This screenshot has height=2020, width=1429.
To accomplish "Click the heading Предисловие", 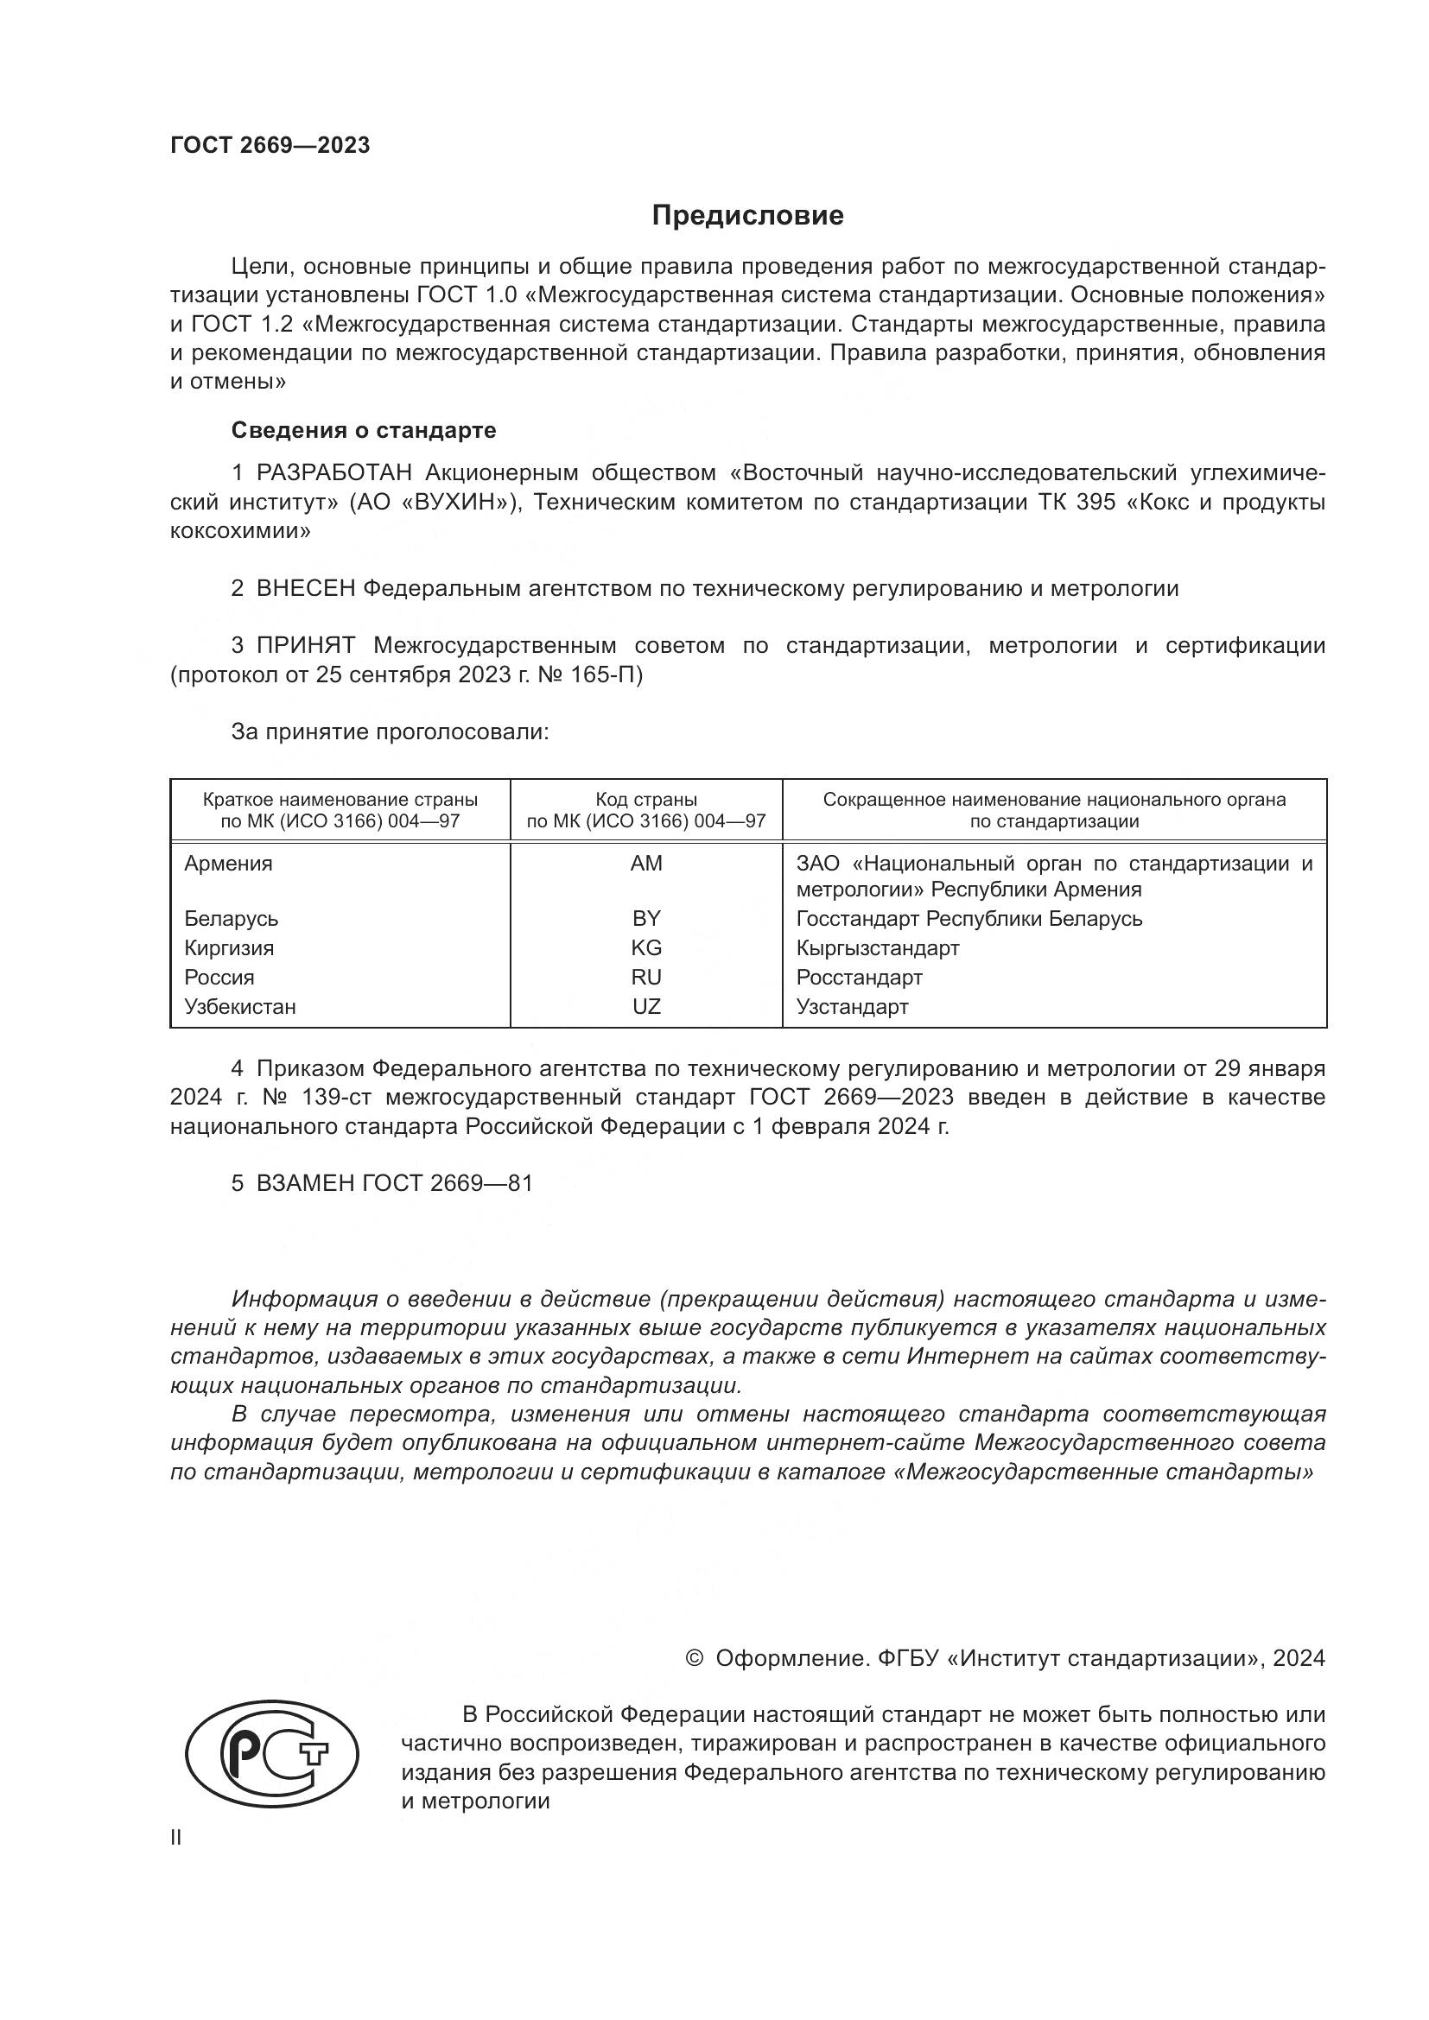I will click(x=747, y=216).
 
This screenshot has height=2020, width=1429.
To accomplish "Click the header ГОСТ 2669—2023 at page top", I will click(x=270, y=146).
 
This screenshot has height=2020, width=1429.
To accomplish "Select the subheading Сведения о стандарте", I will click(x=364, y=430).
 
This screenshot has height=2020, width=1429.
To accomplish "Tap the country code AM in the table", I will click(x=646, y=863).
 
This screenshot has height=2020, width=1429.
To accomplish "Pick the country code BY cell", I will click(x=646, y=919).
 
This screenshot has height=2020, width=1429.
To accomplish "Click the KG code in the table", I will click(x=646, y=947).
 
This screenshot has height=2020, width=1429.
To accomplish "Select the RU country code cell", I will click(x=646, y=978).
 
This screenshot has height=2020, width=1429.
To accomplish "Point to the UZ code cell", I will click(x=646, y=1006).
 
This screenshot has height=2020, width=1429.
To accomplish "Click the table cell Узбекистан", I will click(x=240, y=1006).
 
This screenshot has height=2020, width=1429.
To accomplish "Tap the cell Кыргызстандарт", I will click(x=877, y=947).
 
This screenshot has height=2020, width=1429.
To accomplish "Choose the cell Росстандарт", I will click(x=859, y=978).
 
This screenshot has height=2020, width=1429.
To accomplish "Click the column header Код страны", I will click(x=646, y=800).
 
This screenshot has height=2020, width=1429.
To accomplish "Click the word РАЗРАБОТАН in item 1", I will click(x=334, y=473).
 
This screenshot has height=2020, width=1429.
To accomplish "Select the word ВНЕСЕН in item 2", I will click(x=305, y=589).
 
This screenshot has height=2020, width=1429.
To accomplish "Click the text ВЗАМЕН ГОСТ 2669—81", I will click(x=394, y=1183).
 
